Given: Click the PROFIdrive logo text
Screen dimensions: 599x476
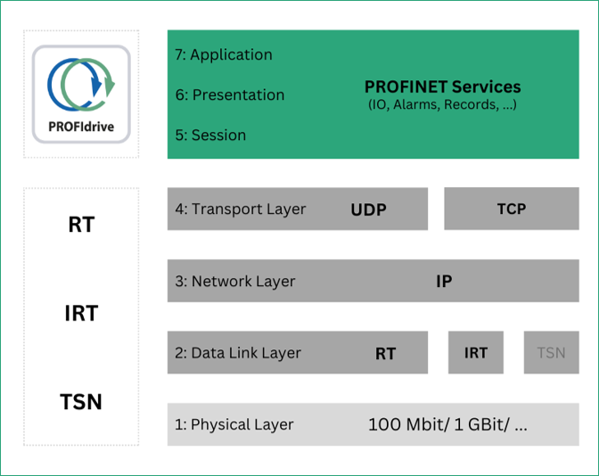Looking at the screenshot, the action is click(81, 127).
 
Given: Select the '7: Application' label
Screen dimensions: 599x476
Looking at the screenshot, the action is click(224, 54).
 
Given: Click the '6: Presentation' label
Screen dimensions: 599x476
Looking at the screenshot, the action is click(230, 94).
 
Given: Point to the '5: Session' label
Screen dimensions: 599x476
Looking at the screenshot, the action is click(210, 135).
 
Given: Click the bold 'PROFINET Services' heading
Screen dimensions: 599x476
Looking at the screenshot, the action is click(442, 86).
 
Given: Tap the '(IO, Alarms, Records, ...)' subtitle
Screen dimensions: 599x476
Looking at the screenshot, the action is click(442, 104).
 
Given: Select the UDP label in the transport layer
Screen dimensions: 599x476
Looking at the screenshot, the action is click(369, 209).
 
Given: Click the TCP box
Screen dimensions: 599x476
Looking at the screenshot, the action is click(512, 209).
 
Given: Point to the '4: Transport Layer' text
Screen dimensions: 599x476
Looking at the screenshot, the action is click(241, 209).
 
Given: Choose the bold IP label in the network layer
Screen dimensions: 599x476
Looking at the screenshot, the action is click(444, 281).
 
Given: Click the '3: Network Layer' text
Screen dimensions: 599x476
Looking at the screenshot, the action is click(235, 281).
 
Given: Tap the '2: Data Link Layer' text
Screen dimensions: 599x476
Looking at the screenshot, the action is click(238, 353).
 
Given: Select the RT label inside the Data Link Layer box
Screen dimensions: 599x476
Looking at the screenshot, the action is click(385, 353).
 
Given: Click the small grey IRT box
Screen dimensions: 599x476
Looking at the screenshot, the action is click(476, 352).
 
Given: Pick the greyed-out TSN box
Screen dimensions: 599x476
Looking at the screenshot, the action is click(551, 352).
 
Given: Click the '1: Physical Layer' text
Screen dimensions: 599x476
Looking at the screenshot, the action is click(234, 424).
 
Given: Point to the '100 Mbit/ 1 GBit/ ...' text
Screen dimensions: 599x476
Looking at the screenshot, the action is click(447, 424).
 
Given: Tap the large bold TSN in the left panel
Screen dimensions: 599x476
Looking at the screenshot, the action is click(81, 402).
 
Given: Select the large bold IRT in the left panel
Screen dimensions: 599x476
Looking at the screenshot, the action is click(81, 313).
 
